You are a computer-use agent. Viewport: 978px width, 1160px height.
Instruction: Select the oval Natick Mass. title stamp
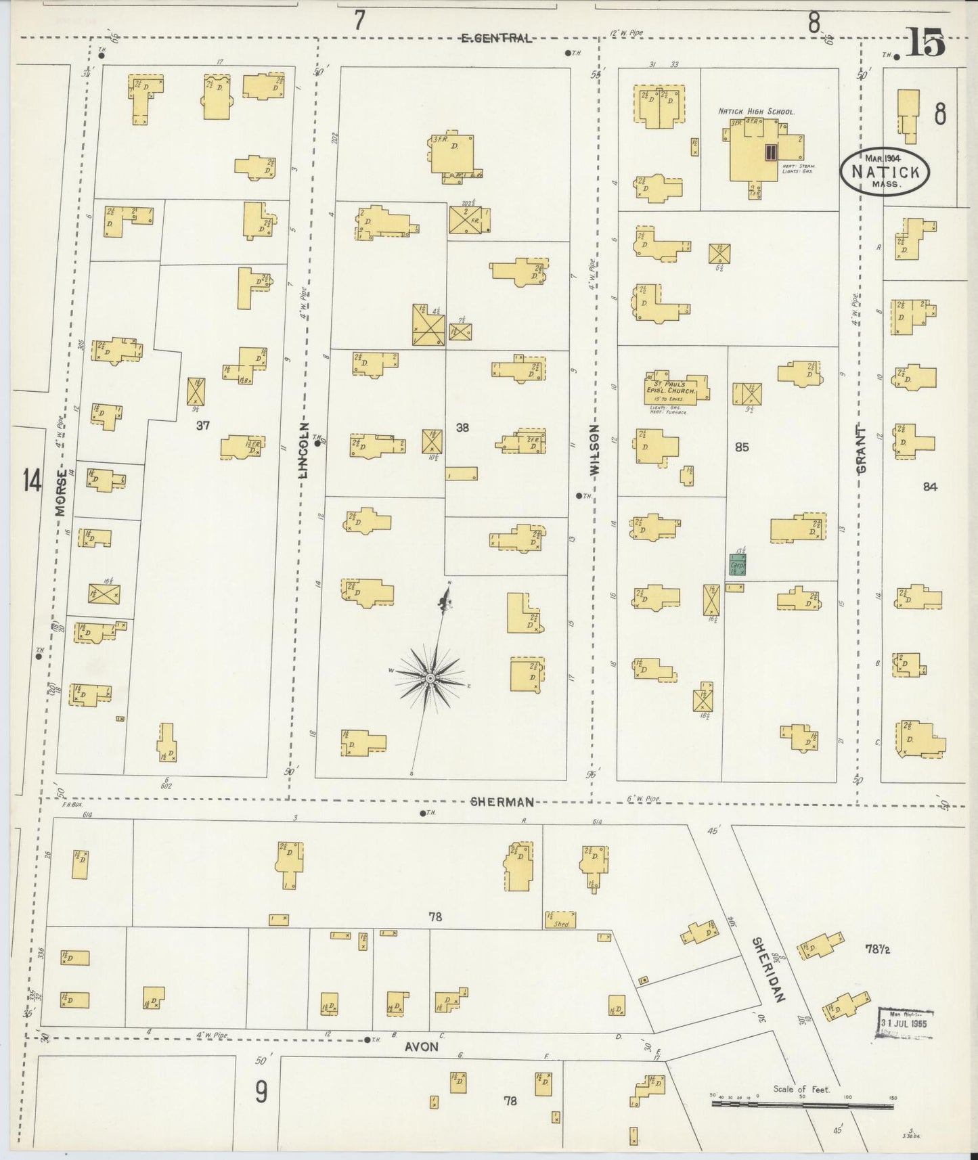885,173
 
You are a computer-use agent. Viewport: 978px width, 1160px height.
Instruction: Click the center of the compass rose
430,677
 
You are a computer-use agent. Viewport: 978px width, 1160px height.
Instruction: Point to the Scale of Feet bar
802,1105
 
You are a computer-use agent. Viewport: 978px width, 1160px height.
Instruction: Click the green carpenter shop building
737,564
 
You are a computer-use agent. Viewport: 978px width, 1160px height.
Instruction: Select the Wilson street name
595,452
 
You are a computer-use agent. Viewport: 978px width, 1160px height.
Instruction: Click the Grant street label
862,449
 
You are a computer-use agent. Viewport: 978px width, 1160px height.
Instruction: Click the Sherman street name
502,802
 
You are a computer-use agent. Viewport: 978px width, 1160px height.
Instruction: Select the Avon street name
422,1046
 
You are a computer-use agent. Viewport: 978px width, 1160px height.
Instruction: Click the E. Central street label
496,39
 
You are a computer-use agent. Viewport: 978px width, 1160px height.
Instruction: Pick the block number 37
203,425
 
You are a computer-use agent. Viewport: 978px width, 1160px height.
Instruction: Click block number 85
742,447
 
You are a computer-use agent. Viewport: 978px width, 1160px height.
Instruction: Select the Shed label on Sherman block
560,924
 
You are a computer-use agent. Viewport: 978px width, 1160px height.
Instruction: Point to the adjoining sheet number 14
32,481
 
